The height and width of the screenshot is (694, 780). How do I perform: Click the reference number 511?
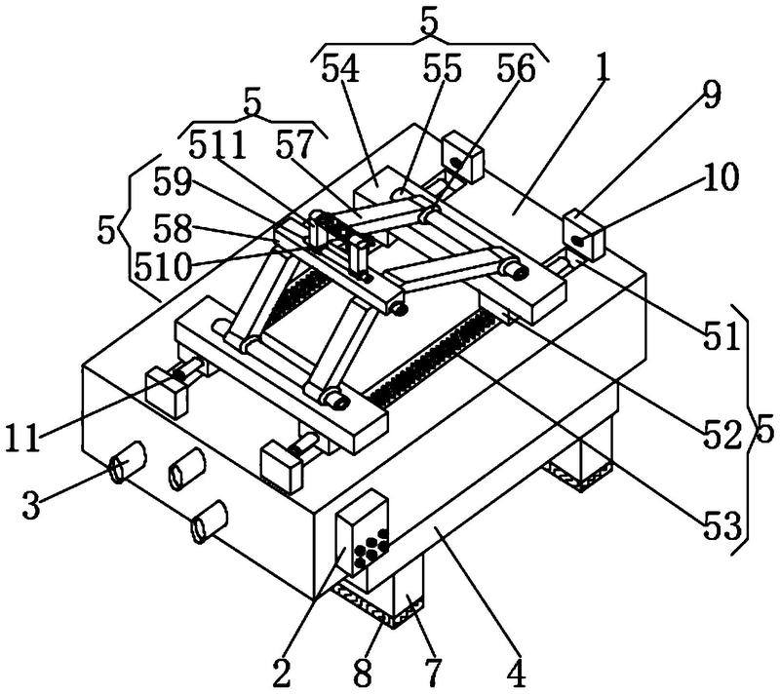click(x=217, y=145)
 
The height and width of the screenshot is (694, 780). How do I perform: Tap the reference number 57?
click(x=295, y=144)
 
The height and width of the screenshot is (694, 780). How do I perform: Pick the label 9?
click(x=712, y=96)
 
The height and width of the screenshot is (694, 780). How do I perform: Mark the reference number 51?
click(x=721, y=336)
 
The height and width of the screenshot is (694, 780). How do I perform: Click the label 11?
click(x=21, y=438)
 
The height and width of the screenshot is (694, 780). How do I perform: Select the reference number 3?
click(x=31, y=505)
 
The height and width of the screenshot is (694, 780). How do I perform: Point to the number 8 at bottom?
click(x=363, y=674)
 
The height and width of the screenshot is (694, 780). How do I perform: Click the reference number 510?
click(x=163, y=267)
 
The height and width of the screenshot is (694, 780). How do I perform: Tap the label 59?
click(x=173, y=182)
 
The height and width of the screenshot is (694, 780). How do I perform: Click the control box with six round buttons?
click(x=362, y=534)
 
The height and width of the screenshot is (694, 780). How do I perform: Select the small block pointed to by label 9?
click(x=583, y=235)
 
